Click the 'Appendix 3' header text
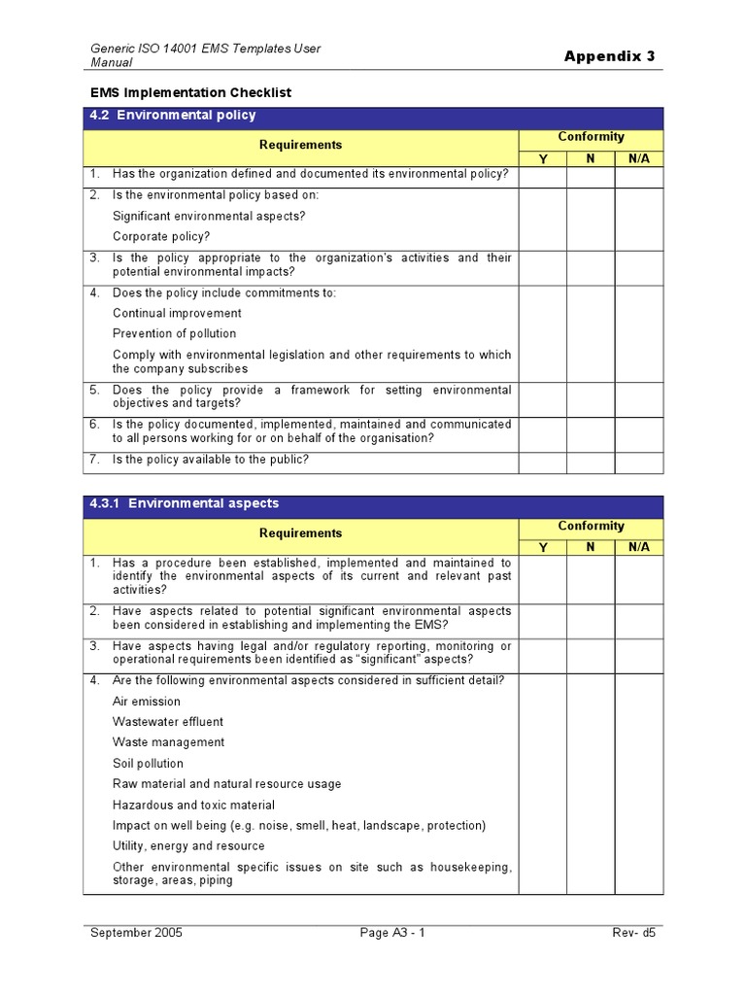[x=609, y=55]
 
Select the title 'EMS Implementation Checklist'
[x=191, y=92]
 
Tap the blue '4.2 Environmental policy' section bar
[x=373, y=116]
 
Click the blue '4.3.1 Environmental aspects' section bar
[x=373, y=503]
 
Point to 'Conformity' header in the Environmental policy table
[x=591, y=137]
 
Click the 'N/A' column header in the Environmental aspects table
[x=639, y=547]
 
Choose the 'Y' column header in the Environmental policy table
[x=543, y=158]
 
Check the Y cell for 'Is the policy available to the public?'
[x=543, y=463]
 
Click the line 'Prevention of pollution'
[x=174, y=333]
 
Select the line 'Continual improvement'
[x=177, y=313]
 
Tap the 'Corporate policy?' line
[x=160, y=236]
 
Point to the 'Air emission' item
[x=146, y=701]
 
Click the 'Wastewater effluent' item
[x=167, y=722]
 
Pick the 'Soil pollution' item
[x=148, y=764]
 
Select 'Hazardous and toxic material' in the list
[x=193, y=805]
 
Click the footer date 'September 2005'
[x=136, y=933]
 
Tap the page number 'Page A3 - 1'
[x=392, y=933]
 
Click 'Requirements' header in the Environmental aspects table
[x=300, y=533]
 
